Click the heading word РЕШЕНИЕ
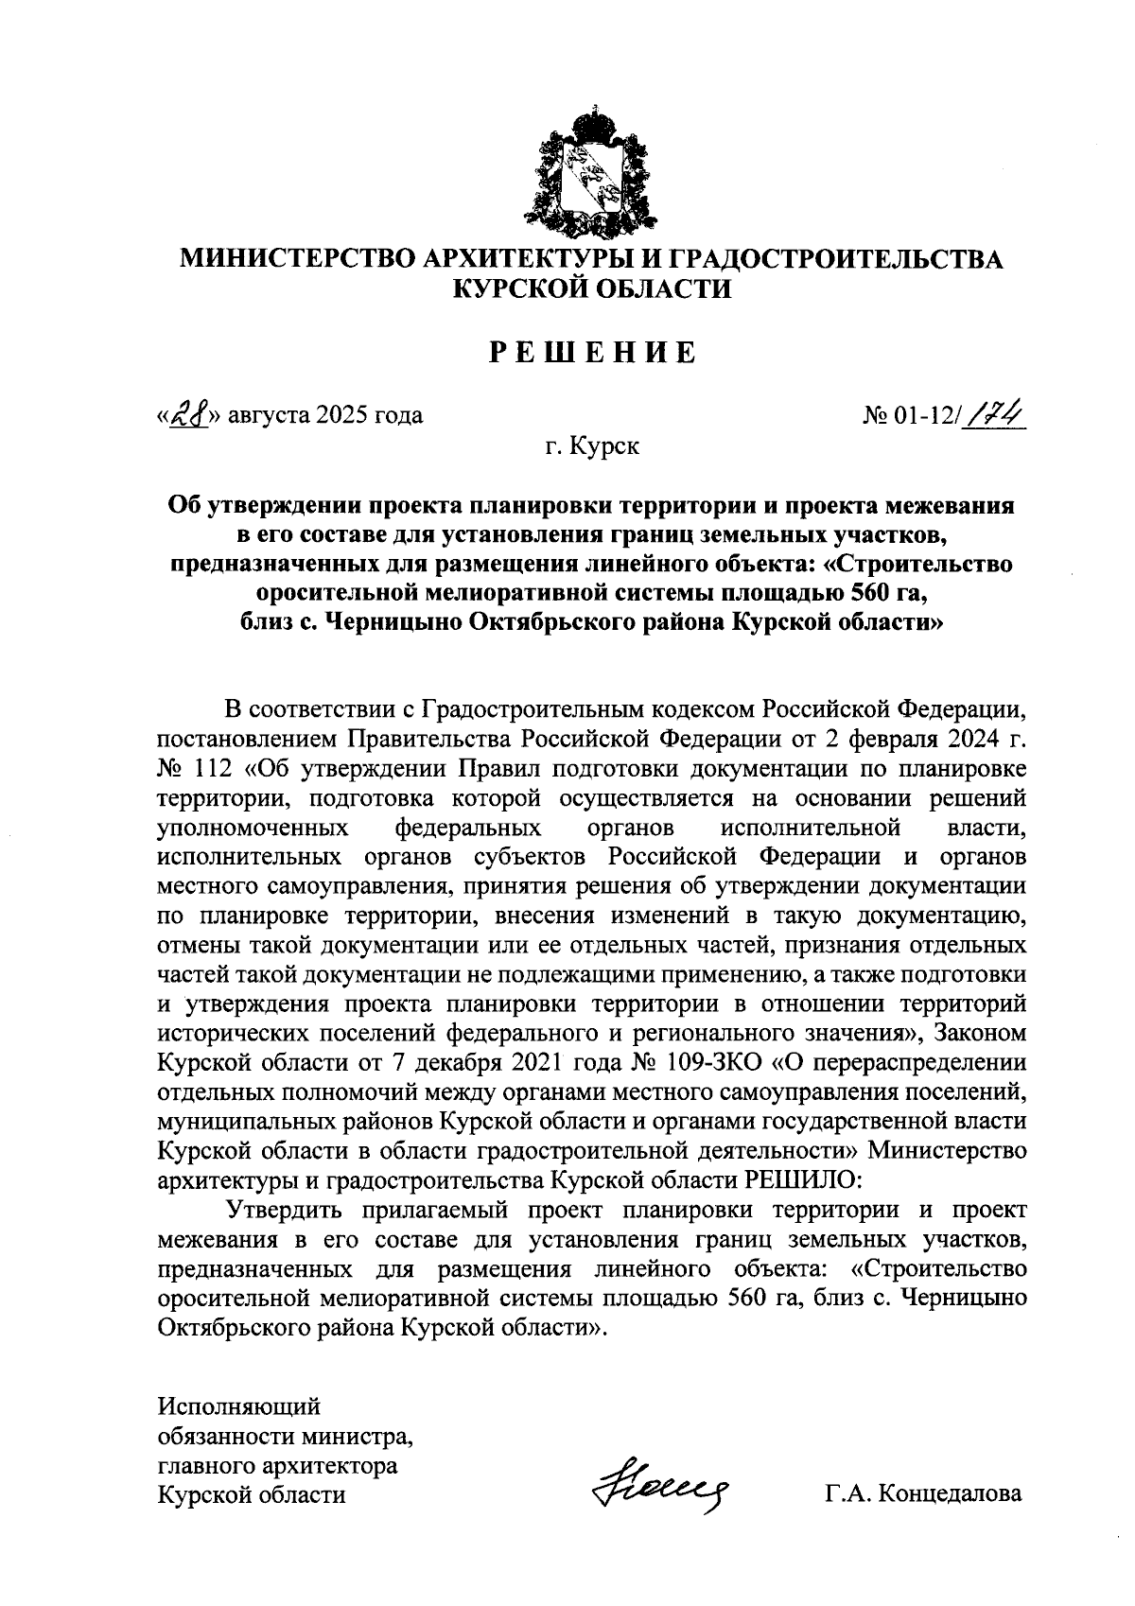(592, 353)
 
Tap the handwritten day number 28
(186, 414)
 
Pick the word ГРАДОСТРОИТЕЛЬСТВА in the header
(836, 260)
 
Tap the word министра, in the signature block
(357, 1437)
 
